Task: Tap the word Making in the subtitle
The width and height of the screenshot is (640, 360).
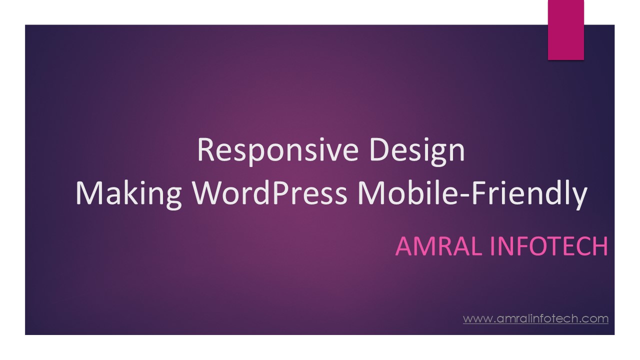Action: (128, 193)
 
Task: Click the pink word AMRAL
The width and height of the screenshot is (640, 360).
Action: (439, 246)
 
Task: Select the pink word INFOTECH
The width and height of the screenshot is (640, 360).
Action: (549, 246)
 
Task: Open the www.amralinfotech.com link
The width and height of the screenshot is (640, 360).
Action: (535, 318)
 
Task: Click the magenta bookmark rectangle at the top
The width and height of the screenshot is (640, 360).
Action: (565, 29)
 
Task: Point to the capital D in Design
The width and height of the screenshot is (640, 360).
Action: (380, 149)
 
